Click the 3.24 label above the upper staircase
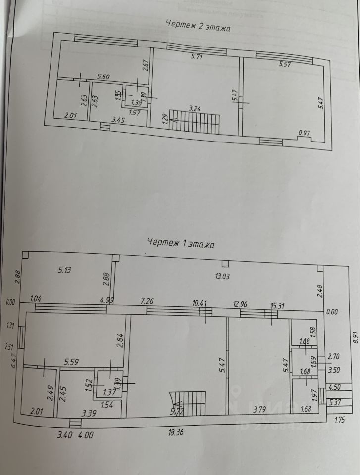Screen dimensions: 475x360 (195, 107)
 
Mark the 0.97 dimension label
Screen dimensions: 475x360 (304, 133)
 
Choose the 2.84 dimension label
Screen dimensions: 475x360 (119, 341)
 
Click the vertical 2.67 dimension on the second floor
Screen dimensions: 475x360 (146, 66)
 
